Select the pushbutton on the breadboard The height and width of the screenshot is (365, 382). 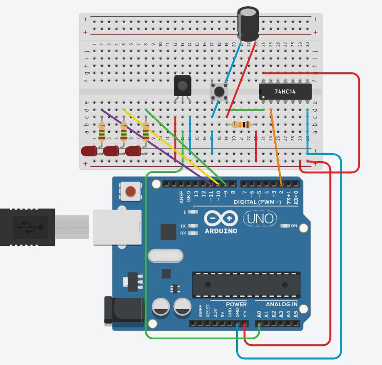pyautogui.click(x=219, y=91)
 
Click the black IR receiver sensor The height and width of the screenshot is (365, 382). pyautogui.click(x=182, y=85)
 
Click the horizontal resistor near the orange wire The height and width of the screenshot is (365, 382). pyautogui.click(x=241, y=125)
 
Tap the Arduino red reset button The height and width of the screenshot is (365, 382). pyautogui.click(x=130, y=191)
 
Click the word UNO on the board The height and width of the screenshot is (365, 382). pyautogui.click(x=261, y=218)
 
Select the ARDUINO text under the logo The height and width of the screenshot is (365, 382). pyautogui.click(x=221, y=231)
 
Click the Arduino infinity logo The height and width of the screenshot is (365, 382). pyautogui.click(x=221, y=218)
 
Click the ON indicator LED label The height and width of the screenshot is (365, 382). pyautogui.click(x=294, y=225)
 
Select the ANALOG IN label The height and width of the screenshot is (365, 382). pyautogui.click(x=281, y=304)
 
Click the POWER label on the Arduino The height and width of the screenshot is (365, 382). pyautogui.click(x=236, y=304)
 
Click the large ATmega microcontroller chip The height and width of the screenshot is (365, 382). pyautogui.click(x=246, y=284)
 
